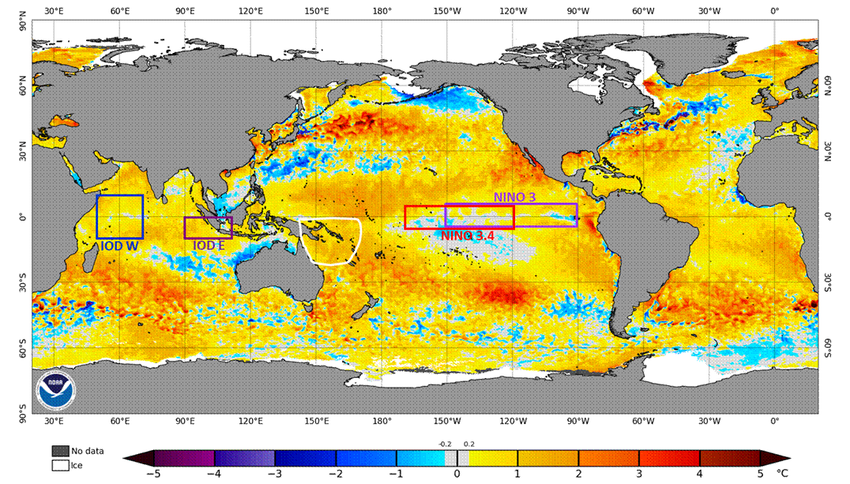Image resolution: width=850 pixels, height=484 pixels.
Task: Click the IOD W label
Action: point(119,246)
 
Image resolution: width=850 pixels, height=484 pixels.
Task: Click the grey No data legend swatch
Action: point(60,452)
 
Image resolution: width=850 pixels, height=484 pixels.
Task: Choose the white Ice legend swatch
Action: point(60,466)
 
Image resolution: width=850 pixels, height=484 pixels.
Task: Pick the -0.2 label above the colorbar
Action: point(446,444)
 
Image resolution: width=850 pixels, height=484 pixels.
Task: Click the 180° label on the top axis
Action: point(382,11)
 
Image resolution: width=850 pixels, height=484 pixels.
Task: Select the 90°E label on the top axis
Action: point(186,11)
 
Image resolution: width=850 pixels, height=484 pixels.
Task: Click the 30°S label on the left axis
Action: point(23,283)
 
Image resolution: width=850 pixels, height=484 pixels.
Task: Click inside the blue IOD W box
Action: point(119,216)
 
